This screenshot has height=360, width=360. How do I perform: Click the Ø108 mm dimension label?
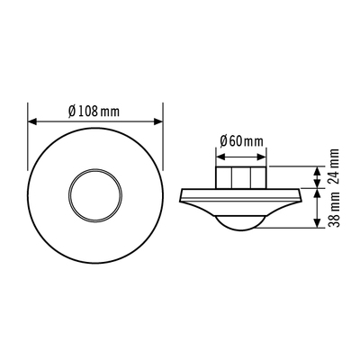[x=94, y=112]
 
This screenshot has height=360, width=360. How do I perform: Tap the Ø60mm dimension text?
[x=241, y=140]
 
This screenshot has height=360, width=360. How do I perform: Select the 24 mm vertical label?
[x=334, y=166]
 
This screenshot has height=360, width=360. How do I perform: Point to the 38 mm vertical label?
[x=334, y=210]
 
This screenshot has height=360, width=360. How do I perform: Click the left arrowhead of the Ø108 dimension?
[x=32, y=121]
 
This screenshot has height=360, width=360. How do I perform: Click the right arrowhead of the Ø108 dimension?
[x=158, y=121]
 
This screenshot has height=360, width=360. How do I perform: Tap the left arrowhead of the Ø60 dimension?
[x=220, y=157]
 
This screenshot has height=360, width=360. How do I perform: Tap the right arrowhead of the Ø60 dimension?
[x=262, y=157]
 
